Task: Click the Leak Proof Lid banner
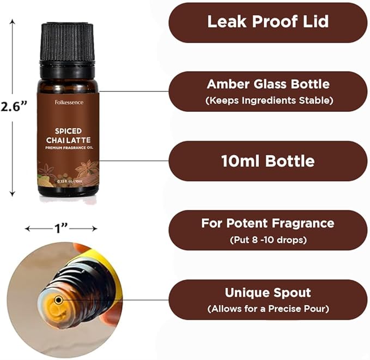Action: [268, 22]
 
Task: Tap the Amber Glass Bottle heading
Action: [268, 85]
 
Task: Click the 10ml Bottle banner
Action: [268, 161]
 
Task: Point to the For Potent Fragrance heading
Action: [268, 223]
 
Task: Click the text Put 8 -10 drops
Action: [268, 239]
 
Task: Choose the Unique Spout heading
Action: [268, 292]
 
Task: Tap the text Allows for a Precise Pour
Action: [268, 309]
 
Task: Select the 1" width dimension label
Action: [61, 228]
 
